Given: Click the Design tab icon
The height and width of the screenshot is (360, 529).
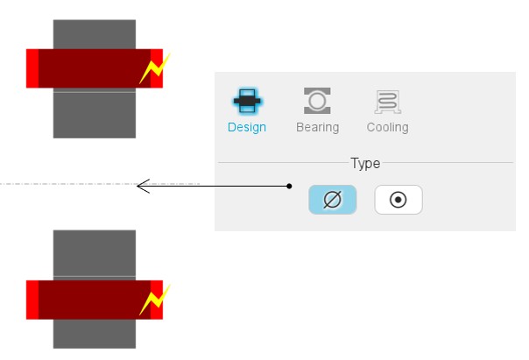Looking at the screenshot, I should (247, 102).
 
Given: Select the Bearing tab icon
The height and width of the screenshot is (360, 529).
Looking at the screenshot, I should (317, 102).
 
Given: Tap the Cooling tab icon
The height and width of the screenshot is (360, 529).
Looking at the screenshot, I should (387, 102).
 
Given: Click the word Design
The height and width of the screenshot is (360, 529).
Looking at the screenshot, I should (247, 127).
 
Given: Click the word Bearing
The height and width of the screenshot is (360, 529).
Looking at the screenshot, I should (317, 127).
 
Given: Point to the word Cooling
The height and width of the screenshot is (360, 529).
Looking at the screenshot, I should (387, 127).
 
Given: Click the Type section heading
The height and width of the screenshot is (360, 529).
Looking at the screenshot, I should (365, 163).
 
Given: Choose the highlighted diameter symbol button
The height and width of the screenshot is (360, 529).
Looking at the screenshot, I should (332, 200).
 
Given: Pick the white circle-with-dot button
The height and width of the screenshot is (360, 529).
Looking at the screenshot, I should (399, 200).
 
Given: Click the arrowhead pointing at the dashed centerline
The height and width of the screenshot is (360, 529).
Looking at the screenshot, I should (141, 185).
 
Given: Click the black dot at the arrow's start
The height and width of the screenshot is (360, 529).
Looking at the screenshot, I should (289, 186).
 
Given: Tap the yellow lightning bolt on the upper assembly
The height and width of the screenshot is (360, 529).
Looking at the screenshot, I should (154, 69).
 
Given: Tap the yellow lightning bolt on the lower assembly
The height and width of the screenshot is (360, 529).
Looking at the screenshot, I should (154, 300).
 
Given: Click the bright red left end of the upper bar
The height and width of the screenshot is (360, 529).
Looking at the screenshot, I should (32, 68).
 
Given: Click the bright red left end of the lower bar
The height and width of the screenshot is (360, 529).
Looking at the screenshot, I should (32, 300).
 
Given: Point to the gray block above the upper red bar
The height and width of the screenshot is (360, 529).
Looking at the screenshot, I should (95, 33).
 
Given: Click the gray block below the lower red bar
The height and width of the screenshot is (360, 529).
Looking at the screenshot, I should (95, 334).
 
